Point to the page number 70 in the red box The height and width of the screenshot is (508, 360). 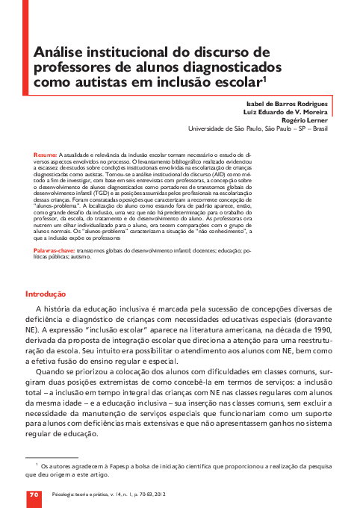[x=34, y=494]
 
